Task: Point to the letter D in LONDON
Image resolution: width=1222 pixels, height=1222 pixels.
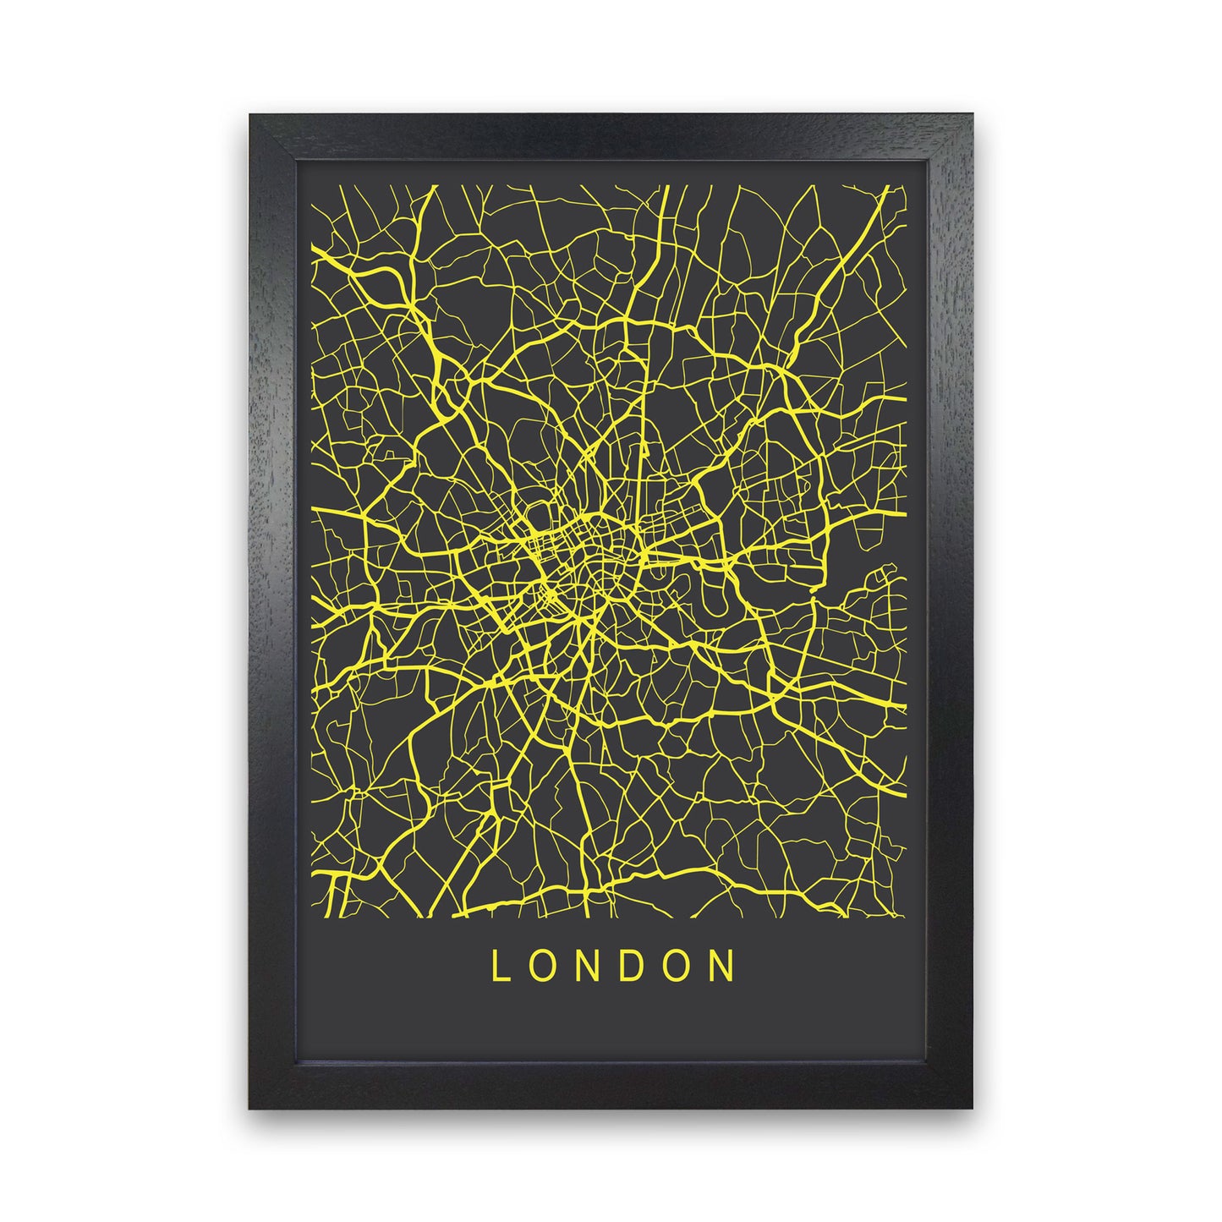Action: point(632,966)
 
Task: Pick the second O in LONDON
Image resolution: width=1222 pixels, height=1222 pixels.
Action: point(677,966)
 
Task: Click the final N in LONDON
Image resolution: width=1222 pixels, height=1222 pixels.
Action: point(722,966)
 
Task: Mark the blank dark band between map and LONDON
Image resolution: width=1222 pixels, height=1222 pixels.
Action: point(611,930)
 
